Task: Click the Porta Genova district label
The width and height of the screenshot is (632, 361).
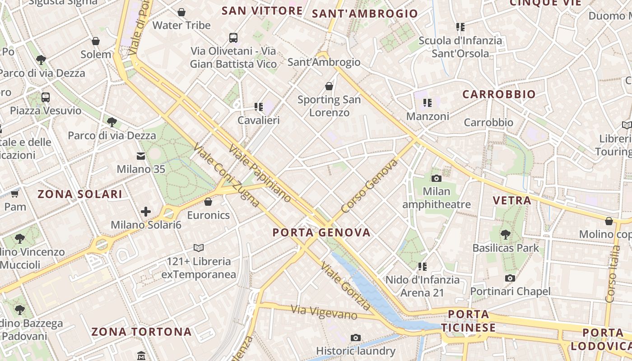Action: tap(321, 233)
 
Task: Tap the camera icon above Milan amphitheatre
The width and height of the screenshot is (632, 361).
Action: tap(436, 178)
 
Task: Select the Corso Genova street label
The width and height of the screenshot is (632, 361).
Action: tap(370, 186)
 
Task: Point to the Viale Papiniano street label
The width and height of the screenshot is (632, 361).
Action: tap(260, 173)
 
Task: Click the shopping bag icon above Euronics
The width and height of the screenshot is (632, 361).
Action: tap(208, 202)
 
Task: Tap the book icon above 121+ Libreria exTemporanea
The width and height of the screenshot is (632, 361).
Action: tap(199, 248)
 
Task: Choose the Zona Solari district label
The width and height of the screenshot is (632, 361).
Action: tap(80, 194)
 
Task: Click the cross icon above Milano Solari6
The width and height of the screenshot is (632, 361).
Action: tap(146, 211)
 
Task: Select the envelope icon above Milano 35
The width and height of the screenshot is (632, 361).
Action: tap(141, 156)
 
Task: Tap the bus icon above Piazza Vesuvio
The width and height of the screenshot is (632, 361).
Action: tap(46, 97)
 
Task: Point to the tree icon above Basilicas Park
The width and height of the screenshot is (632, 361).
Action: tap(506, 235)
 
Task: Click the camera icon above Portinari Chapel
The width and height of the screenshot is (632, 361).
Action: tap(510, 278)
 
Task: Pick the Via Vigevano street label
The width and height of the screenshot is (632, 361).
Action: tap(324, 312)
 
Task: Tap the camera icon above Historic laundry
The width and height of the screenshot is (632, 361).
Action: tap(356, 338)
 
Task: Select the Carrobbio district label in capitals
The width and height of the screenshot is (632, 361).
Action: tap(499, 94)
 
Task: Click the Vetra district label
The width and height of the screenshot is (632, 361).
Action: tap(512, 200)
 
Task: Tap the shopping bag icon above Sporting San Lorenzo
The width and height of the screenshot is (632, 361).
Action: tap(329, 86)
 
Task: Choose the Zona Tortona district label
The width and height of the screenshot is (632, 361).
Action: tap(142, 332)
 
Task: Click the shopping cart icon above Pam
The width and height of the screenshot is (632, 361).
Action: tap(15, 194)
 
